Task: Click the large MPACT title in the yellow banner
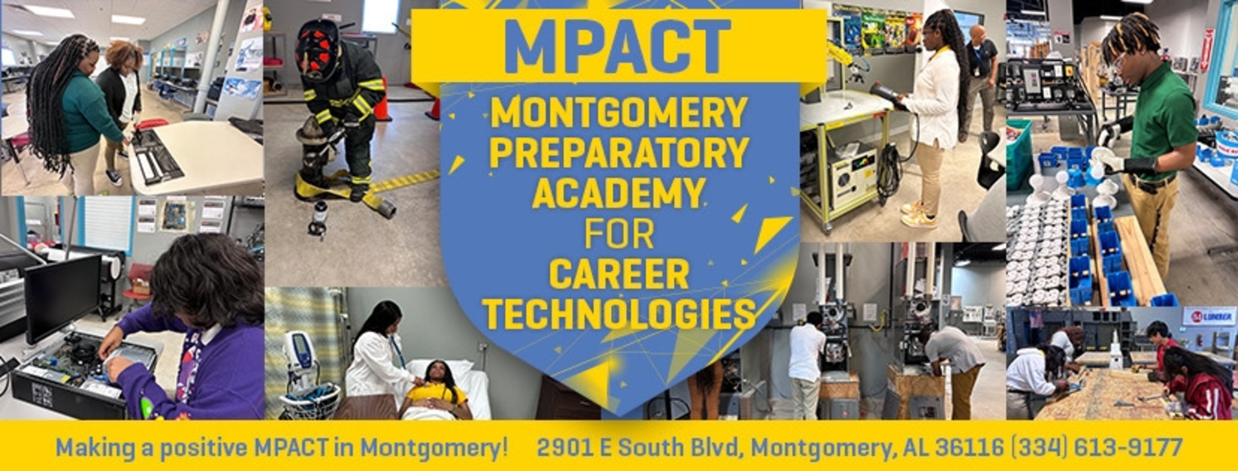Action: click(x=618, y=46)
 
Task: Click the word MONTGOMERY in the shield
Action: click(x=618, y=113)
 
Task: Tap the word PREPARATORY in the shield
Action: click(x=618, y=152)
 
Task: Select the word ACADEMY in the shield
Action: click(x=618, y=192)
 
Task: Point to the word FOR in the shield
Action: click(x=619, y=234)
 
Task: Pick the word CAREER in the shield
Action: click(x=619, y=274)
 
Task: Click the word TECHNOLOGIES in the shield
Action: click(x=619, y=314)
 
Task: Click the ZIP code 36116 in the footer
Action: click(x=969, y=447)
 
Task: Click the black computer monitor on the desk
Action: click(x=62, y=297)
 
